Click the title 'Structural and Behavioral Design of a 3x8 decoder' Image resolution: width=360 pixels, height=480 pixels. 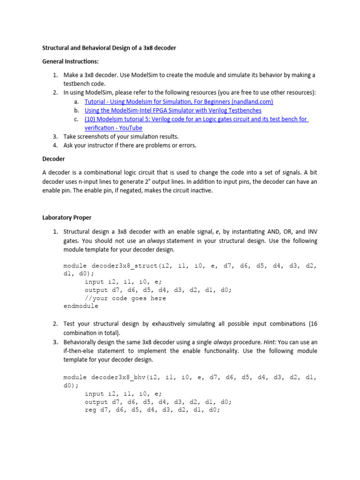coord(109,48)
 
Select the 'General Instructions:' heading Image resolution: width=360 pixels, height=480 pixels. coord(70,61)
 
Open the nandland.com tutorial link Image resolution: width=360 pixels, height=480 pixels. coord(179,101)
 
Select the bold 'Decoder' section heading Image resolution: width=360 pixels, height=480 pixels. coord(53,159)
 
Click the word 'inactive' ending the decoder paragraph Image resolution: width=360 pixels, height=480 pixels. coord(201,190)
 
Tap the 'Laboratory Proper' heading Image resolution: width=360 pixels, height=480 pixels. coord(67,217)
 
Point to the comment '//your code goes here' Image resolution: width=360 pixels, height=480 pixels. coord(125,298)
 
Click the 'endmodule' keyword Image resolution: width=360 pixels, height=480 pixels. coord(81,306)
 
